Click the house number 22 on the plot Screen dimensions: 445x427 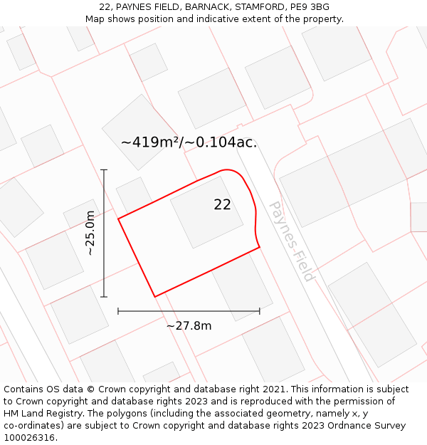(x=222, y=205)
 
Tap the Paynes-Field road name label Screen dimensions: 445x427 (x=290, y=241)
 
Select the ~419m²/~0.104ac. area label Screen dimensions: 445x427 (x=189, y=142)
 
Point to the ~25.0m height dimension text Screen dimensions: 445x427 (x=90, y=234)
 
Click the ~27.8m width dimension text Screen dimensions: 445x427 (x=189, y=326)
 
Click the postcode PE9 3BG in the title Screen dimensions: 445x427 (x=310, y=7)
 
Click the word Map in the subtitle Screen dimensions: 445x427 (x=95, y=19)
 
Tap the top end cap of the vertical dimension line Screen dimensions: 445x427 (x=104, y=170)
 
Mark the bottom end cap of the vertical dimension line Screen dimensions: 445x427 (x=104, y=297)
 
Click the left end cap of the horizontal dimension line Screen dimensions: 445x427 (x=118, y=311)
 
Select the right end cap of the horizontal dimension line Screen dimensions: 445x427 (x=260, y=311)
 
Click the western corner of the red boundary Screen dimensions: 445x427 (x=118, y=219)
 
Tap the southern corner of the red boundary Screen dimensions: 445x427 (x=154, y=296)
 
